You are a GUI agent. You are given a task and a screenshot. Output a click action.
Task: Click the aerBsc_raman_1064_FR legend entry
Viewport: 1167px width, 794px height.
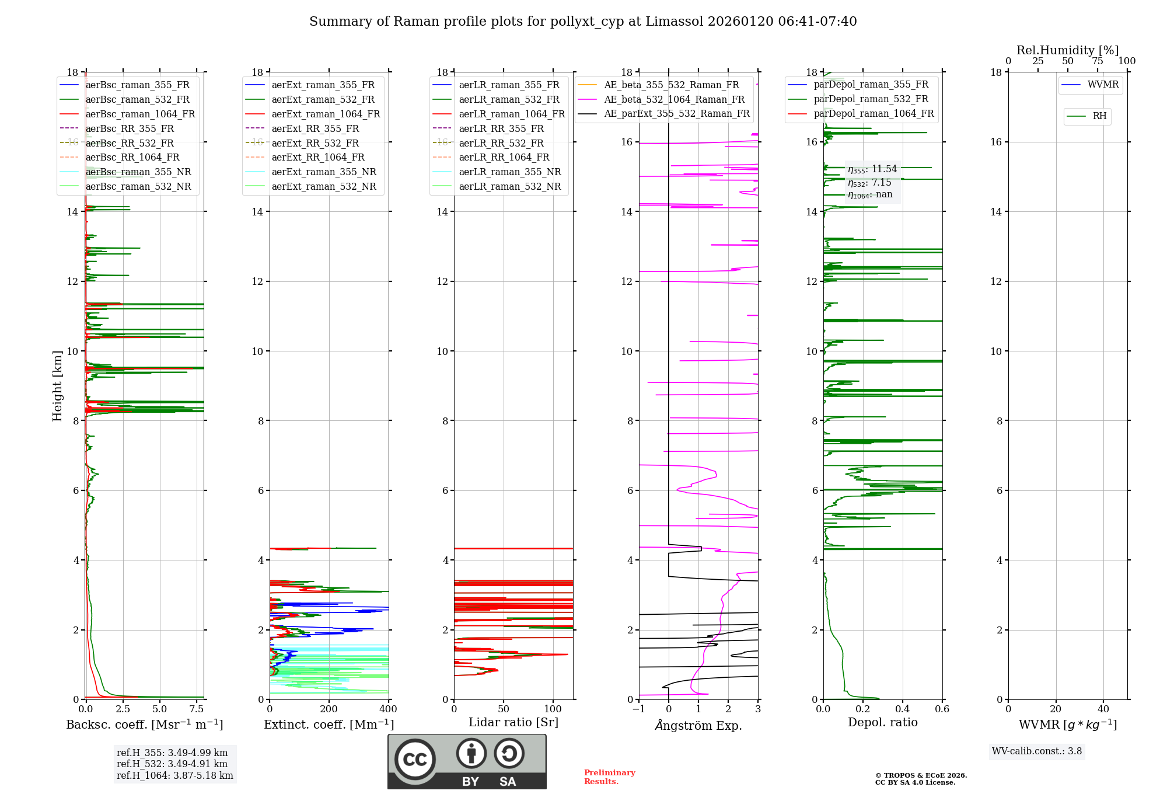tap(140, 114)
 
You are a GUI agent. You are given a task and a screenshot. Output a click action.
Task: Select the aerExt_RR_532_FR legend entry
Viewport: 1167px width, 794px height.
tap(315, 143)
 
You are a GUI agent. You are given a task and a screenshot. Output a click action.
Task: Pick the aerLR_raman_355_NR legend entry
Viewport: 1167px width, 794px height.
tap(509, 172)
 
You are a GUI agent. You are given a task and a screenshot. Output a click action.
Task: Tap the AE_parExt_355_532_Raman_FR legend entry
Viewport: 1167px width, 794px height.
tap(676, 114)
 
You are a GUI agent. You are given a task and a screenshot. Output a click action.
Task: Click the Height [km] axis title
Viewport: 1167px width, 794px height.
tap(57, 385)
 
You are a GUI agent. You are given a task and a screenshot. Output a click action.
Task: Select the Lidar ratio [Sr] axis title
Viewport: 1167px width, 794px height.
tap(513, 722)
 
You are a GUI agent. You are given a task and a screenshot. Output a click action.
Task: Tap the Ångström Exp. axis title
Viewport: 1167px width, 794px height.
tap(698, 725)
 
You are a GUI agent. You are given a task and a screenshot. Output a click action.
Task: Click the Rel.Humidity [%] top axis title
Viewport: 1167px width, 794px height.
tap(1067, 50)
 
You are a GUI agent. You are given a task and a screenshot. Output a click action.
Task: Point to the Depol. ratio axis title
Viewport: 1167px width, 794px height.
tap(882, 722)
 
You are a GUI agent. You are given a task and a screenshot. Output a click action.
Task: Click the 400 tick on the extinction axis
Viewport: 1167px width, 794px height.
tap(389, 709)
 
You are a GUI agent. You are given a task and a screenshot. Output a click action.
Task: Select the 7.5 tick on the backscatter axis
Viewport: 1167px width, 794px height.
tap(197, 709)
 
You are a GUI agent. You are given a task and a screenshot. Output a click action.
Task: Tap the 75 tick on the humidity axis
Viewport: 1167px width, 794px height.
tap(1098, 61)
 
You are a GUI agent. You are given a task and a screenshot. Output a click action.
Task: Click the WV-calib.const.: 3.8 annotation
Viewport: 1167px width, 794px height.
tap(1037, 751)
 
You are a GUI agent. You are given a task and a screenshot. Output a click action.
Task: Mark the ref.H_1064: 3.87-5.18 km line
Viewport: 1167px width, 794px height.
tap(174, 776)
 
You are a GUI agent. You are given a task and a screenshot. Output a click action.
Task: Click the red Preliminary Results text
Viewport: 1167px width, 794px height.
tap(609, 777)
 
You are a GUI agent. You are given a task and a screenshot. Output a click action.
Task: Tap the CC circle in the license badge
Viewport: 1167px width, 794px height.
tap(415, 760)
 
